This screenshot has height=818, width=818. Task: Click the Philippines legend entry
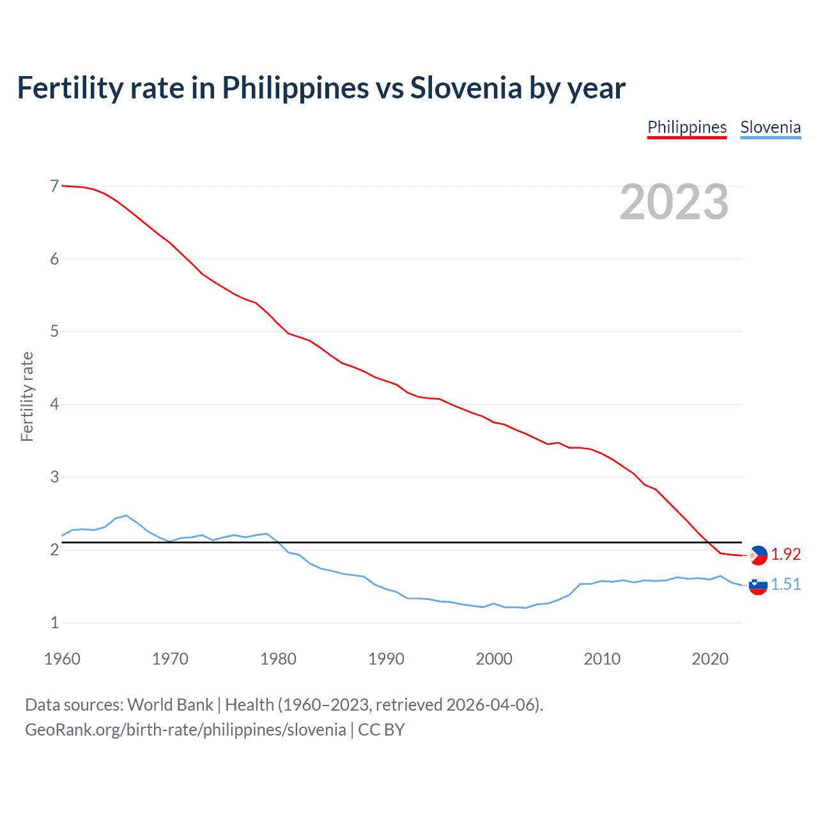pos(687,127)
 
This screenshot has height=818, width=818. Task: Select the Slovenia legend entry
pos(770,127)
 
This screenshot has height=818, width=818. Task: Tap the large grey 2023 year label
pos(674,202)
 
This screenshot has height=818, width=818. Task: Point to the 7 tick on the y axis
pos(54,186)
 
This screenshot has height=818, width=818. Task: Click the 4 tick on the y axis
pos(54,404)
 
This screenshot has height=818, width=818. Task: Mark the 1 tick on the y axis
pos(54,622)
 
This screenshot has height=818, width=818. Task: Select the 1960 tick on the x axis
pos(62,659)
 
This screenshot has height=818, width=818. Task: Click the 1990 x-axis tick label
pos(386,659)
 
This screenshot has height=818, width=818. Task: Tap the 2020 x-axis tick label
pos(710,659)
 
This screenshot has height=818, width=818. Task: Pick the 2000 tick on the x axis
pos(494,659)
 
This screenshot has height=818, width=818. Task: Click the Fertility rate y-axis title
pos(27,396)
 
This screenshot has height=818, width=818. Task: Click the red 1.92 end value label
pos(785,555)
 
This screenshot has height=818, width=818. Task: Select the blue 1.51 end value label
pos(785,585)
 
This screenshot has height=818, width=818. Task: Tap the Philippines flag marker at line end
pos(758,555)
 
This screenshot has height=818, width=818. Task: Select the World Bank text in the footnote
pos(170,705)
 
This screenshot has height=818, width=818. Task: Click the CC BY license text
pos(382,730)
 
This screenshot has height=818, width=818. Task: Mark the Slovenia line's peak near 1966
pos(127,515)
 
